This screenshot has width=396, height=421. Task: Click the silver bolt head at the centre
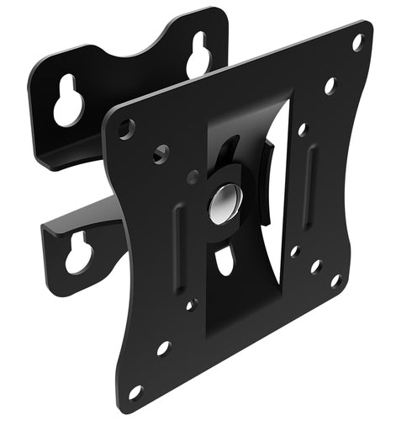tap(224, 203)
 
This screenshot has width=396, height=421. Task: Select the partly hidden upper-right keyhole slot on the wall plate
tap(198, 56)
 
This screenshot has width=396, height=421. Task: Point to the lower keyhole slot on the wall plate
tap(78, 253)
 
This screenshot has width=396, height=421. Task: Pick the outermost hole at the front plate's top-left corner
tap(126, 129)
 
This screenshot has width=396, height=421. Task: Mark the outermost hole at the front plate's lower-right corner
tap(335, 280)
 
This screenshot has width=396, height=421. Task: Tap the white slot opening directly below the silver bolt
tap(224, 260)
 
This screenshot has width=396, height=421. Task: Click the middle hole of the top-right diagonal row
tap(330, 85)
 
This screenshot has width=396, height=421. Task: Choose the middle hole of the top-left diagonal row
tap(161, 153)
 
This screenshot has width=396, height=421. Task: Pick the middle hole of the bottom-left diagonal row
tap(163, 348)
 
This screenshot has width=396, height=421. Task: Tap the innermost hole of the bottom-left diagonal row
tap(192, 304)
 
